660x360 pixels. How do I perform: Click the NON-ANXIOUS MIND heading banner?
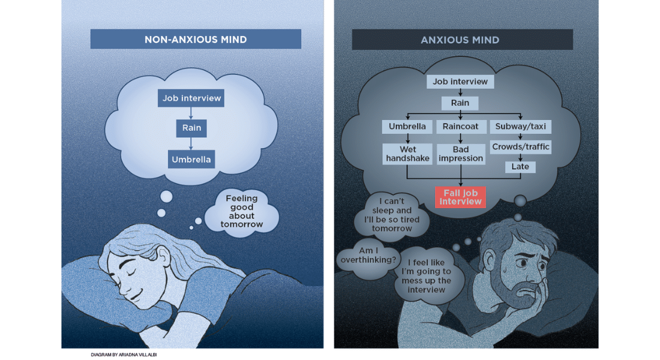[x=196, y=40]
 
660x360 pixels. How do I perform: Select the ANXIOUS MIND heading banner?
[x=460, y=40]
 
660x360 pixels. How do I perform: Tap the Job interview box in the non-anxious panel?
[x=191, y=98]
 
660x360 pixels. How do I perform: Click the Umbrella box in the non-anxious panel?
[x=191, y=160]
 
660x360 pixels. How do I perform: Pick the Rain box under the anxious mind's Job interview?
[x=460, y=103]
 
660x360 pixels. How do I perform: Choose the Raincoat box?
[x=460, y=127]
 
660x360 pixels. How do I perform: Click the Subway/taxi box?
[x=520, y=127]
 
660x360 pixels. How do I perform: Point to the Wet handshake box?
[x=407, y=154]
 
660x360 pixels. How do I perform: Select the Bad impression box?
[x=460, y=154]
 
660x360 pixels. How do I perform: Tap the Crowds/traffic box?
[x=520, y=146]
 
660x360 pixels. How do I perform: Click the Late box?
[x=520, y=166]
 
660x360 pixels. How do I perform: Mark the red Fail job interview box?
[x=460, y=197]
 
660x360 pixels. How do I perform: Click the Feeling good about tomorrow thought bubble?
[x=241, y=211]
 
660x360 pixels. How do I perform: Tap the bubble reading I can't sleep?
[x=392, y=215]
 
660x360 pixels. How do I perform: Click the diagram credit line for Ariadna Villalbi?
[x=124, y=355]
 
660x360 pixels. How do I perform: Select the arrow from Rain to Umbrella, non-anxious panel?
[x=191, y=143]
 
